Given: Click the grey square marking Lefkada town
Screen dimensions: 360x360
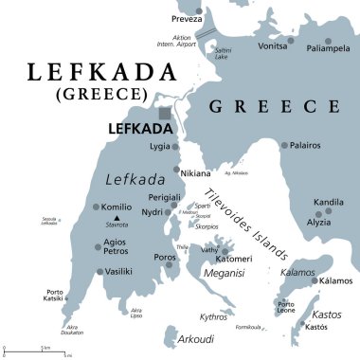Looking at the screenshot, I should pos(166,114).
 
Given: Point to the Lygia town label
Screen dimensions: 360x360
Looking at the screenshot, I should pos(159,147).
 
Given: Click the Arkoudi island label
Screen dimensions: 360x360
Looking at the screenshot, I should pos(197,336).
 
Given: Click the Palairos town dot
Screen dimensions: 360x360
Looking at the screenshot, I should pos(283,145).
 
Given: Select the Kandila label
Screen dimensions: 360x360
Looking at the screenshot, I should pos(329,203).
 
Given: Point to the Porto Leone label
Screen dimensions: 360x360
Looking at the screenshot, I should pos(285,305).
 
